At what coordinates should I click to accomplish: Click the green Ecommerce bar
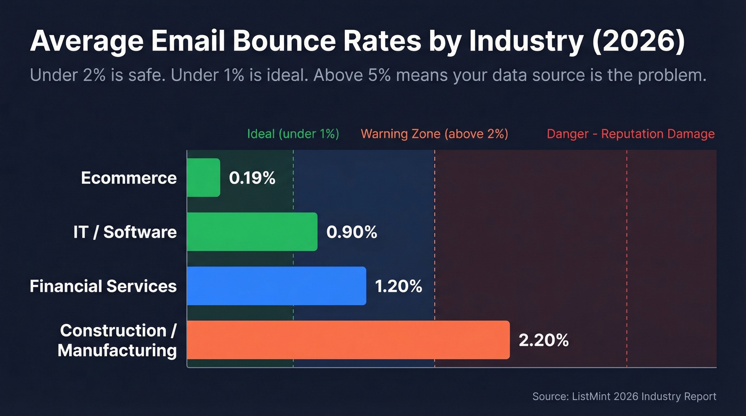click(x=204, y=177)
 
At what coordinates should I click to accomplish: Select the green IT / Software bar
click(x=252, y=232)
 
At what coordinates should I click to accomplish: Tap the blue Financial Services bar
click(x=277, y=286)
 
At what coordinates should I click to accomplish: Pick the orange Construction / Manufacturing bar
click(x=348, y=340)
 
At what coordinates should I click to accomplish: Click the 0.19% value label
click(x=252, y=178)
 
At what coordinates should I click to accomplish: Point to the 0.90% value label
click(x=352, y=232)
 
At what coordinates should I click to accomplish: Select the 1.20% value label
click(x=399, y=287)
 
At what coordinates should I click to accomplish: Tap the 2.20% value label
click(x=544, y=340)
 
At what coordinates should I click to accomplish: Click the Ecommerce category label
click(x=129, y=178)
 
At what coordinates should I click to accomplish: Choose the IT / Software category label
click(x=125, y=232)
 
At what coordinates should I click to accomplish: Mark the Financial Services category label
click(x=103, y=287)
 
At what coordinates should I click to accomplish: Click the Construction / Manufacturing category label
click(x=118, y=340)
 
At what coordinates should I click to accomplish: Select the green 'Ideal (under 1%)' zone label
click(x=293, y=134)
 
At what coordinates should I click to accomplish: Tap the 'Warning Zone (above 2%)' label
click(x=434, y=134)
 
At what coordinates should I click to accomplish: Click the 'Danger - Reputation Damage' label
click(x=630, y=134)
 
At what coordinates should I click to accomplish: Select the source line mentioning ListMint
click(x=624, y=396)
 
